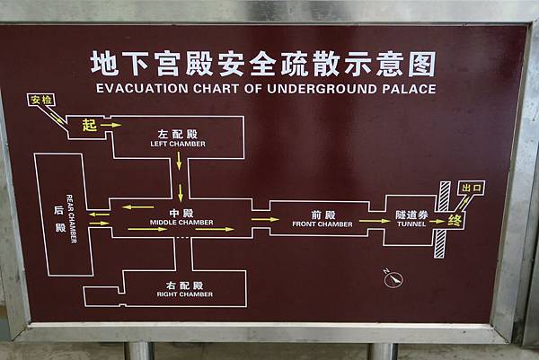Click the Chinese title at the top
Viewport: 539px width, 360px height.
tap(263, 63)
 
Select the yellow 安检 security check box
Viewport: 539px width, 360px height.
tap(41, 100)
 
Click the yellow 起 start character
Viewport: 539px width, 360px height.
tap(89, 126)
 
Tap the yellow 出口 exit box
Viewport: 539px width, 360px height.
tap(471, 189)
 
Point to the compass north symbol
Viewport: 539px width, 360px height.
tap(392, 279)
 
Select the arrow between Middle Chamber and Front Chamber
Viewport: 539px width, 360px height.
tap(264, 219)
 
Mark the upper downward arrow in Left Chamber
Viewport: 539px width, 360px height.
tap(180, 161)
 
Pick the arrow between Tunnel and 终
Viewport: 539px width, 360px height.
tap(437, 221)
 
